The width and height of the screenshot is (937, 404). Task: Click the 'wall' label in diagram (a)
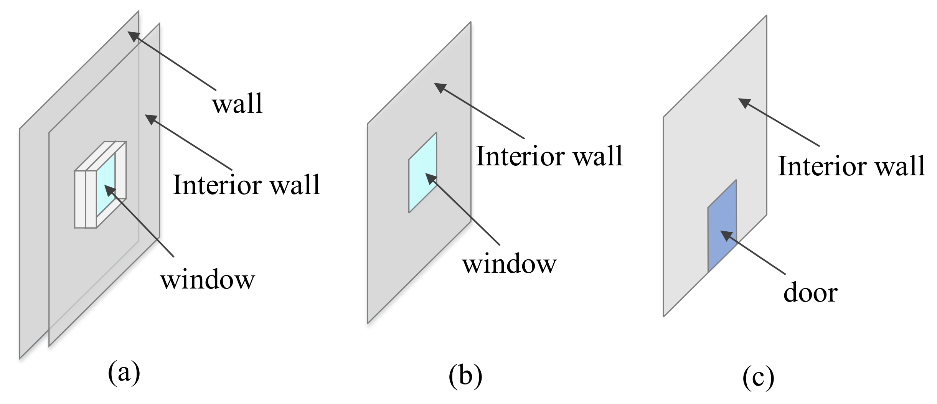238,104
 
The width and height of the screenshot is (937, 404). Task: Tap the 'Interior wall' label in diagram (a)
246,185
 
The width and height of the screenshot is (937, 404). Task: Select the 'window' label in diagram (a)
208,280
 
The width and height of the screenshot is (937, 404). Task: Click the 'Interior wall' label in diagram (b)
549,156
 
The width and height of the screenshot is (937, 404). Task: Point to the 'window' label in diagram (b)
509,264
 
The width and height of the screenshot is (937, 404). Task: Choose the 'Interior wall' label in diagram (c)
851,166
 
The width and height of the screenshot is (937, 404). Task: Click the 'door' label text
810,293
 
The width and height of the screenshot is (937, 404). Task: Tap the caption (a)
124,372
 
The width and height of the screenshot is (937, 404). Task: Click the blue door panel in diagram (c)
722,226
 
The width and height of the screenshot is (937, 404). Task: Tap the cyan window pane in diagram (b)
422,173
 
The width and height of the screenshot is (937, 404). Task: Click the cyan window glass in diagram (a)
106,184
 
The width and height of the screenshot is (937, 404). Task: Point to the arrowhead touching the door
726,235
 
